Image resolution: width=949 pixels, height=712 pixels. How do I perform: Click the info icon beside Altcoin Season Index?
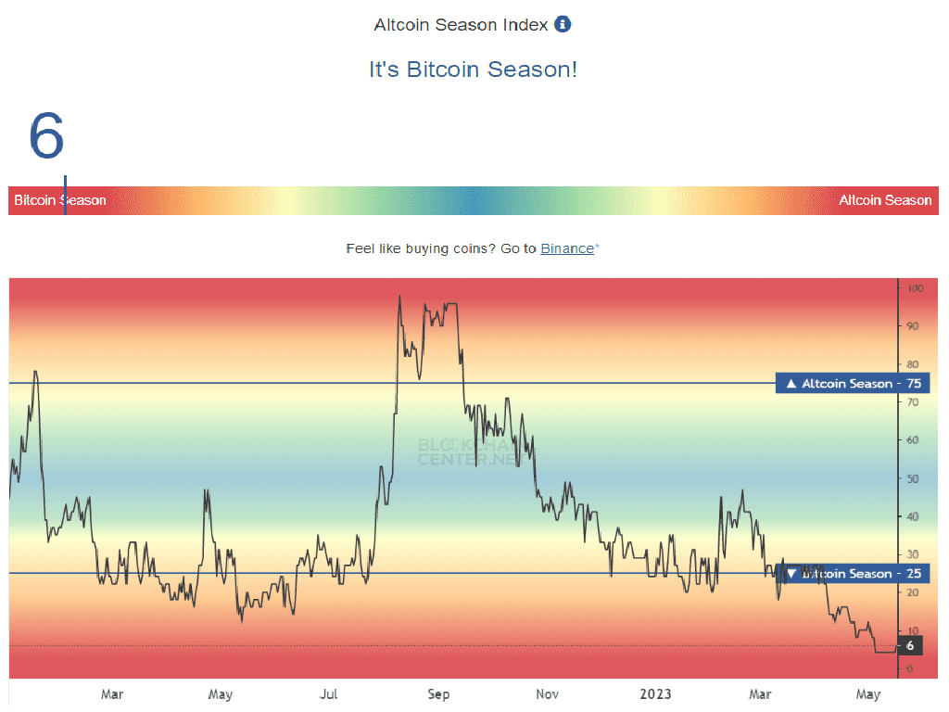coord(563,24)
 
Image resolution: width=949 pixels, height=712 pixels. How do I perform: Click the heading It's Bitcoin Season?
coord(473,70)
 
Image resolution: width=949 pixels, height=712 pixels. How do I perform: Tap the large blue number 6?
coord(46,135)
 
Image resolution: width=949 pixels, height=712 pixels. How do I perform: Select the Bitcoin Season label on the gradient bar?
coord(59,200)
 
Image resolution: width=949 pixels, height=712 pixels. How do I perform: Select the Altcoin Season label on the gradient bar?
coord(884,200)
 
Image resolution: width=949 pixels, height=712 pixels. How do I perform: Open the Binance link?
coord(566,248)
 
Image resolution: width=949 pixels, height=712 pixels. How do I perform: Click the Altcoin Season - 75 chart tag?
coord(839,384)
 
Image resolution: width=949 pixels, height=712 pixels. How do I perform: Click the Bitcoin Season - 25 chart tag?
coord(839,574)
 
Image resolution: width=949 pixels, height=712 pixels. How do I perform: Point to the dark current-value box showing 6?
coord(910,645)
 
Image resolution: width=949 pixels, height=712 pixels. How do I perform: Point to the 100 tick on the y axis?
coord(916,288)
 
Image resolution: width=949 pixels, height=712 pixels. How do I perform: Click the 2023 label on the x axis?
coord(656,694)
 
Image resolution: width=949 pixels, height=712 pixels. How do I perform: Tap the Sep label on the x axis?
coord(438,694)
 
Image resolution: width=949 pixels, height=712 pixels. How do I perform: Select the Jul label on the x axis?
coord(328,694)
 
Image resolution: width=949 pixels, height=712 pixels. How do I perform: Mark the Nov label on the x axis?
coord(547,694)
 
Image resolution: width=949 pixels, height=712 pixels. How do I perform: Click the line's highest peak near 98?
coord(399,297)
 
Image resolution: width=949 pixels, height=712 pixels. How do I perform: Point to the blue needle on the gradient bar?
coord(65,196)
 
